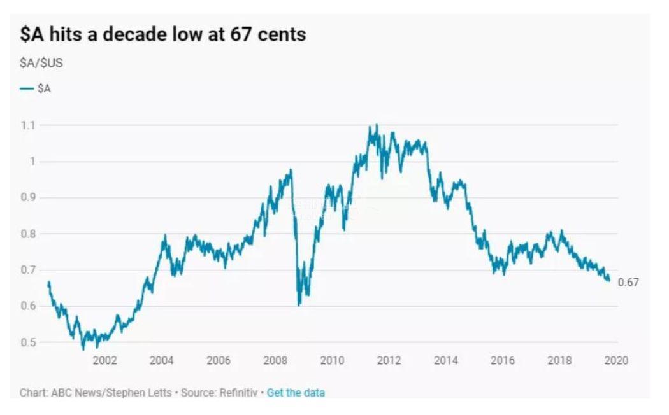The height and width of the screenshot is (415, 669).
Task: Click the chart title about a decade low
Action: pyautogui.click(x=162, y=34)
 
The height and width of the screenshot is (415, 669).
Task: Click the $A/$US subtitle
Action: pyautogui.click(x=41, y=64)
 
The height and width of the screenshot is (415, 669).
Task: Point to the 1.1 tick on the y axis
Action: pyautogui.click(x=27, y=125)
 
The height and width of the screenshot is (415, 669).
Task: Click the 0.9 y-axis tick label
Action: pyautogui.click(x=27, y=198)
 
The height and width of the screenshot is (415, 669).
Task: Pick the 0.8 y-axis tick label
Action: pyautogui.click(x=27, y=234)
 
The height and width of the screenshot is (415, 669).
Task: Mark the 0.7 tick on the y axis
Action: pyautogui.click(x=27, y=271)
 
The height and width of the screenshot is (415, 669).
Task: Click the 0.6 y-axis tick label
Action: pyautogui.click(x=27, y=306)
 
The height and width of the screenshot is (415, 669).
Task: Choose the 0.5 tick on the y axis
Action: pyautogui.click(x=27, y=342)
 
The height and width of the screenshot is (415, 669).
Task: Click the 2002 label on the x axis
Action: pyautogui.click(x=104, y=361)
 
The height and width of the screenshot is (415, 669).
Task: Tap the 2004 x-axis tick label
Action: pyautogui.click(x=161, y=361)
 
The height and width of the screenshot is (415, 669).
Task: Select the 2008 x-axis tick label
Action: pyautogui.click(x=275, y=361)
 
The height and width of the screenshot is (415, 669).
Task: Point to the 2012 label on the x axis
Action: pyautogui.click(x=389, y=361)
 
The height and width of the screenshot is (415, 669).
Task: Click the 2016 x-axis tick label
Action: pyautogui.click(x=502, y=361)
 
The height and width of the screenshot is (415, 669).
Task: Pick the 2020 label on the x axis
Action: pyautogui.click(x=615, y=361)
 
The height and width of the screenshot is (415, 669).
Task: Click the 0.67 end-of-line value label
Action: pyautogui.click(x=628, y=283)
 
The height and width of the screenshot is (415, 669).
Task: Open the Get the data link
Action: pyautogui.click(x=296, y=393)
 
